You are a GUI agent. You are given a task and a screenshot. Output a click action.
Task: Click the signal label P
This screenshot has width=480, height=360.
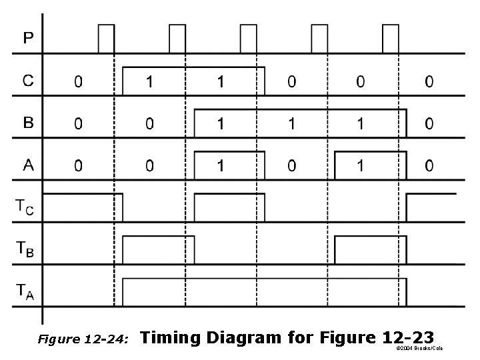[x=28, y=38]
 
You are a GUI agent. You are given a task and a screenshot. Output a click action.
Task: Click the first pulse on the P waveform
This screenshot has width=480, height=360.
[x=106, y=39]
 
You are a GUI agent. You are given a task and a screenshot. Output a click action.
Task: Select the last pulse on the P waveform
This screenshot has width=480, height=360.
[x=391, y=39]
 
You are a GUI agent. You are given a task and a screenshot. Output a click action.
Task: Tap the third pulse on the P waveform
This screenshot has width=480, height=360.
[x=248, y=39]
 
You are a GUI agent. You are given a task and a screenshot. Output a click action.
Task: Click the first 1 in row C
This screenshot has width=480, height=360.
[x=149, y=82]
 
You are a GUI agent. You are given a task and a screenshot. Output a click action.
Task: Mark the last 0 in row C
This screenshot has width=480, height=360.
[x=429, y=82]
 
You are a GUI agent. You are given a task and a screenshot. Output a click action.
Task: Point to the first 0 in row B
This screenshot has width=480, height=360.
[x=79, y=124]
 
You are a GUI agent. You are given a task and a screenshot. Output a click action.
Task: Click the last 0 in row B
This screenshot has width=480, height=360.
[x=429, y=124]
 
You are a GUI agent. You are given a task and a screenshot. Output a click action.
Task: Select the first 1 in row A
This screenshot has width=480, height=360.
[x=221, y=166]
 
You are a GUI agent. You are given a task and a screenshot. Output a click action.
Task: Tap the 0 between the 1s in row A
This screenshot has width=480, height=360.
[x=291, y=166]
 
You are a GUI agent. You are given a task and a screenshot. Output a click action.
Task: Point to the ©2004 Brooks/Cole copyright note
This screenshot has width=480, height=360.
[x=419, y=349]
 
